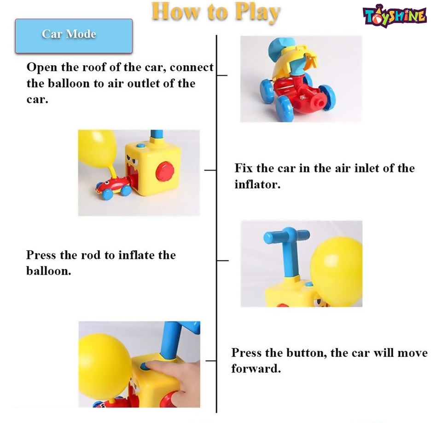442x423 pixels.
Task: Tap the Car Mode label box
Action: pos(74,36)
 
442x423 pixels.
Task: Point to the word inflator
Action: pos(257,184)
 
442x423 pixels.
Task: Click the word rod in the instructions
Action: pos(91,255)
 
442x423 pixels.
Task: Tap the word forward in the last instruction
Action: pos(256,368)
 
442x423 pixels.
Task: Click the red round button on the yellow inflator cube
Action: pos(165,171)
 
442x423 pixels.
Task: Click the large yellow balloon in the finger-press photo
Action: pos(105,366)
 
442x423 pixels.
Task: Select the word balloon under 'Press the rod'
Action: pos(48,271)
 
